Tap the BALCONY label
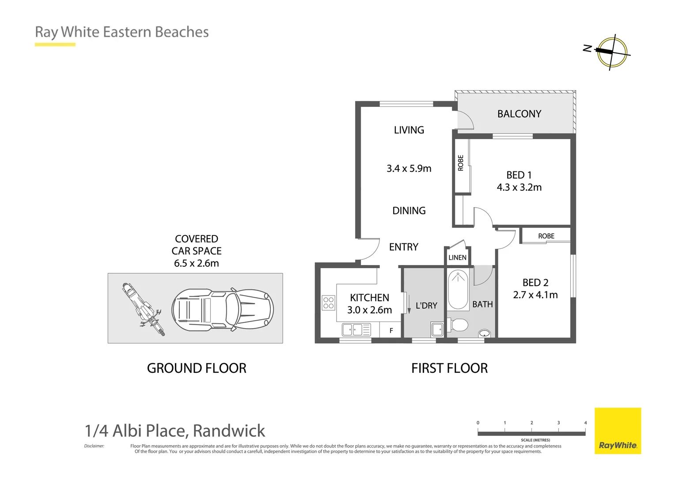(519, 114)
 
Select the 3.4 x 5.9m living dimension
(409, 168)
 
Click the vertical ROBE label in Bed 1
(461, 163)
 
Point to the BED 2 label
(535, 283)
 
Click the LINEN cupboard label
(457, 257)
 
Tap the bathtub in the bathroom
(458, 290)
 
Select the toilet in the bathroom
(458, 326)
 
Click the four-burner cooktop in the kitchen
(328, 303)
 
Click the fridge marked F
(391, 330)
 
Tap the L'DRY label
(426, 306)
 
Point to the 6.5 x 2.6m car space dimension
(196, 263)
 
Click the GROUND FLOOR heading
(197, 368)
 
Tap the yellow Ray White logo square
(618, 431)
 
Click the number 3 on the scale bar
(558, 423)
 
